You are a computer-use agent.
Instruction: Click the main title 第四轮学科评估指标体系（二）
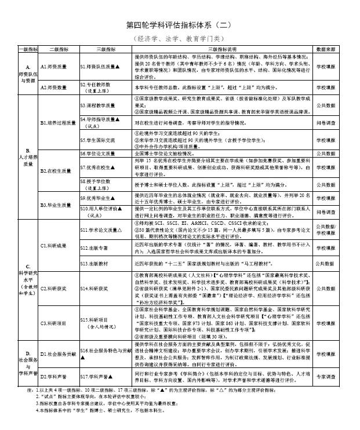pos(180,25)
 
